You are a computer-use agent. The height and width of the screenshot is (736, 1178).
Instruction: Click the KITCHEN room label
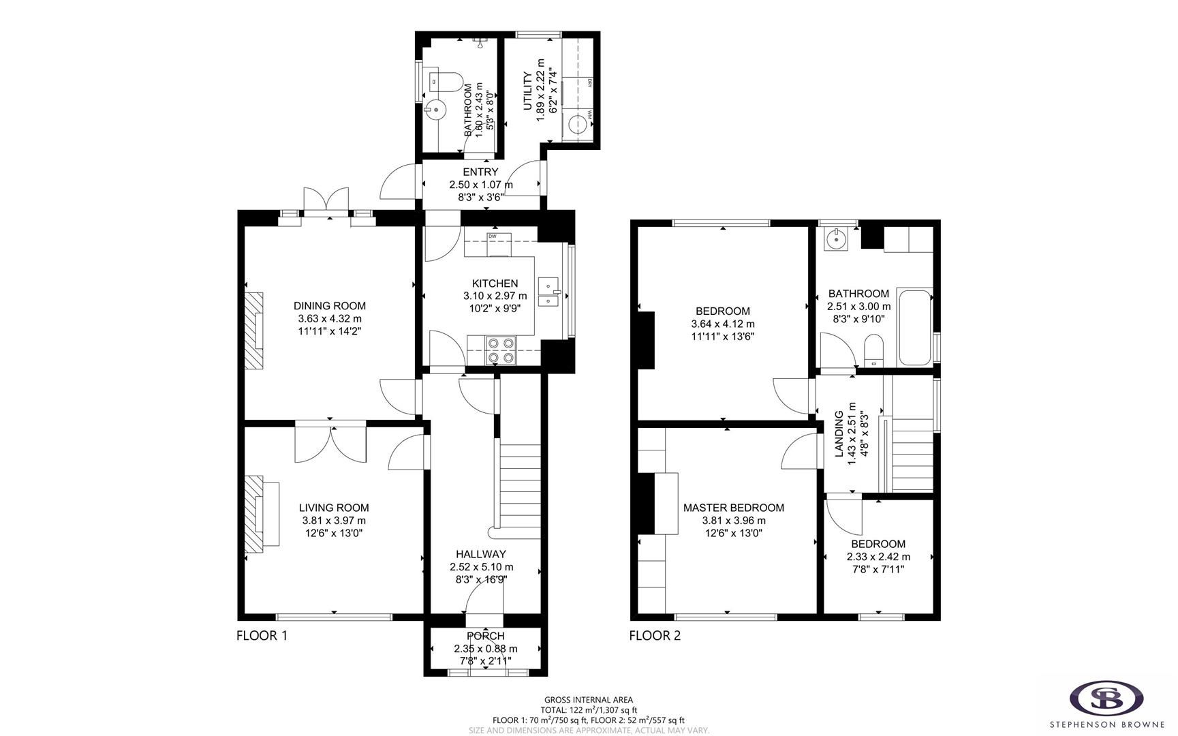coord(495,283)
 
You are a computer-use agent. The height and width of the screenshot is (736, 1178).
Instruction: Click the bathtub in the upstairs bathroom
coord(914,328)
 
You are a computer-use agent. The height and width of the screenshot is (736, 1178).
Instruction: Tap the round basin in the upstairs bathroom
coord(835,239)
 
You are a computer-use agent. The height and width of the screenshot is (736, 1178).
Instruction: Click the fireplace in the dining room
coord(254,331)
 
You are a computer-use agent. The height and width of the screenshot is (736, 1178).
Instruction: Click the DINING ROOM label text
coord(329,306)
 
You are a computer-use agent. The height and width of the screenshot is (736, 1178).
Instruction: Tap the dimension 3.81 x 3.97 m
coord(334,521)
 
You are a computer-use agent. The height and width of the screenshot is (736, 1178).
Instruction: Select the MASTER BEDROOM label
coord(733,508)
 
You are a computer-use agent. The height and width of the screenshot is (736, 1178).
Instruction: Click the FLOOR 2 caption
coord(654,636)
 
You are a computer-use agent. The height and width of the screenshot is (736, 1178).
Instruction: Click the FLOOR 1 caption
coord(262,636)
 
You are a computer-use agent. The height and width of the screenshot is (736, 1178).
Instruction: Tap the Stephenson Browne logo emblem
coord(1106,698)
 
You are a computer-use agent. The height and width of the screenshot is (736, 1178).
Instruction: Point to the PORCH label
coord(485,636)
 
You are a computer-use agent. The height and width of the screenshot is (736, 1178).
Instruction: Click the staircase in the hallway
coord(521,487)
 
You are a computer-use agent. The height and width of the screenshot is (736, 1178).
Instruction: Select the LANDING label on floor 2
coord(839,433)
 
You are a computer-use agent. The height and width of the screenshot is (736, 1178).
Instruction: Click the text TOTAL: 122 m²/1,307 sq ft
coord(589,709)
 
